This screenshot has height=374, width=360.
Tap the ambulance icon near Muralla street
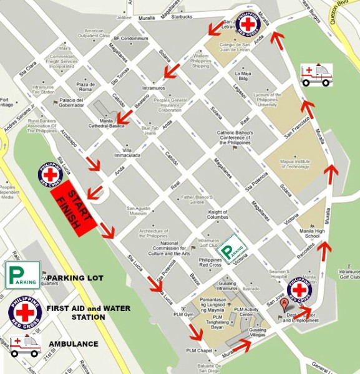coord(316,74)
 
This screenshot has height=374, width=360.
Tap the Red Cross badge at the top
coord(248,24)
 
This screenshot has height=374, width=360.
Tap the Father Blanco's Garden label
coord(188,199)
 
